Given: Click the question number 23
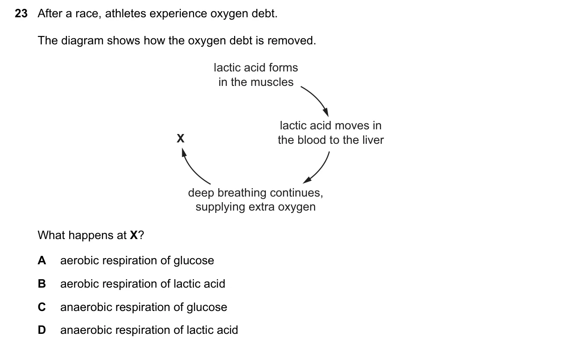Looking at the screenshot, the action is pos(21,14).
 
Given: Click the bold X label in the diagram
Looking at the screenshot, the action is pos(180,138).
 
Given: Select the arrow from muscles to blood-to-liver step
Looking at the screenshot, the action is pos(317,99).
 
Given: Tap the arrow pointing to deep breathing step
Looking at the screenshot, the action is pos(319,169).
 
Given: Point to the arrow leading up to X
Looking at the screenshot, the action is pos(193,169).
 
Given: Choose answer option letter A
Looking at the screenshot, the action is pos(42,261).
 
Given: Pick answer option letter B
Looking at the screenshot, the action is pos(42,283).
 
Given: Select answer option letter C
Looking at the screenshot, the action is pos(42,307).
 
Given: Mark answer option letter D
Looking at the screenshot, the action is pos(42,330).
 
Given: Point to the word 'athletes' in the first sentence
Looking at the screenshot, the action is pos(125,14).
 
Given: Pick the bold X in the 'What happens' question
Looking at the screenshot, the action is pos(134,235).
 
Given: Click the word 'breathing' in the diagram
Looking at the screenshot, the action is pos(242,193).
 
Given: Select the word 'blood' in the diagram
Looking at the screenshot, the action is pos(311,140).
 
